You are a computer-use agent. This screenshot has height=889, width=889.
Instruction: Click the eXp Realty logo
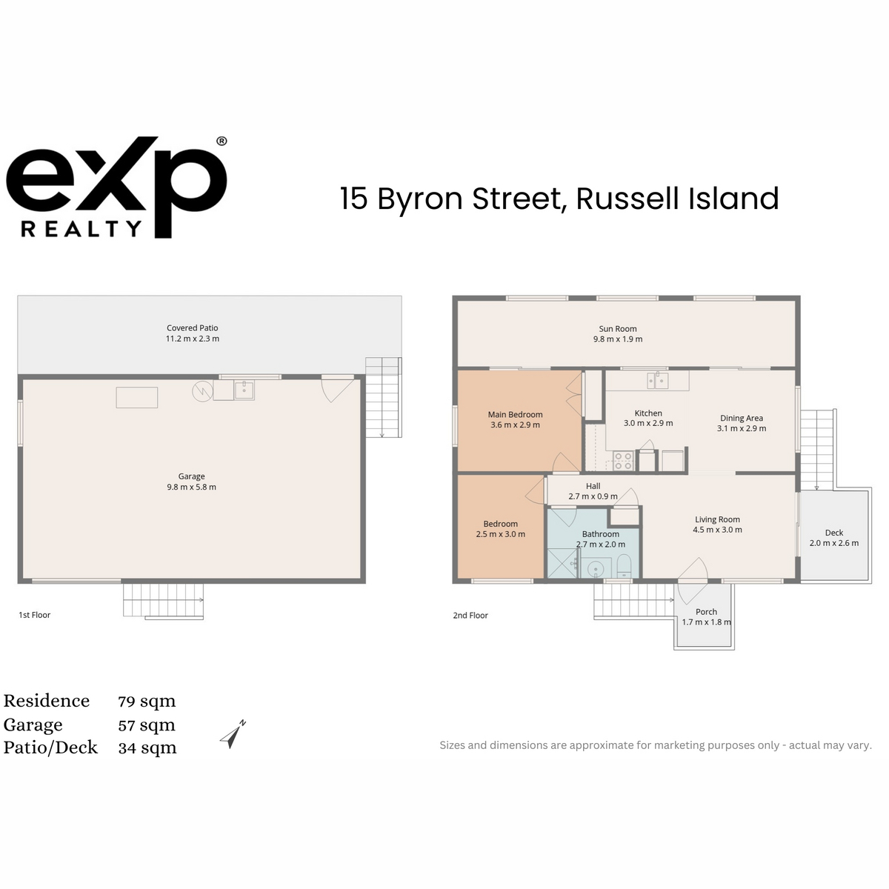116,187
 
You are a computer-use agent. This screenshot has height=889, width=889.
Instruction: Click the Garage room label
191,476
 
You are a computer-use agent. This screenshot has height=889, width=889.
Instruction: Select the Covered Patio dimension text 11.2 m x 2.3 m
193,339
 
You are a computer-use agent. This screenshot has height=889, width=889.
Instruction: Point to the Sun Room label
617,328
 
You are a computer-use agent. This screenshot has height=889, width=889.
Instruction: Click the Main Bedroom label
515,414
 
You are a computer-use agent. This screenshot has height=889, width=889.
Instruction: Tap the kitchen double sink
657,381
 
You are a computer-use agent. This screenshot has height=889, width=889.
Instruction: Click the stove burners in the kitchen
623,461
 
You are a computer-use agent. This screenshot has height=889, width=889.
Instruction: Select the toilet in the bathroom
624,567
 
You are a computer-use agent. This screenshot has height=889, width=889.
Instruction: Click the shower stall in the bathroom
562,563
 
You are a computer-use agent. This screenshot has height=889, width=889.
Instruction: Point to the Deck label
833,533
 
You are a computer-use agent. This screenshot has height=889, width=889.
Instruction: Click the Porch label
706,612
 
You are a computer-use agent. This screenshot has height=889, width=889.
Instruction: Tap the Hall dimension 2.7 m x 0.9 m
593,496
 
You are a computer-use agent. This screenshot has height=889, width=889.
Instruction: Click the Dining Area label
742,418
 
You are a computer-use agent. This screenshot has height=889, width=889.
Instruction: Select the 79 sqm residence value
147,702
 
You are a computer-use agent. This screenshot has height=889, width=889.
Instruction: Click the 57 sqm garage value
147,725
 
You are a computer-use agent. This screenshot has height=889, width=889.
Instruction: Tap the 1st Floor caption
35,614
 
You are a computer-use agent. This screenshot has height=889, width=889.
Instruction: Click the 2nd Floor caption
470,615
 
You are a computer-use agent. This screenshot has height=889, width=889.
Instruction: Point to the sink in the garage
244,390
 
